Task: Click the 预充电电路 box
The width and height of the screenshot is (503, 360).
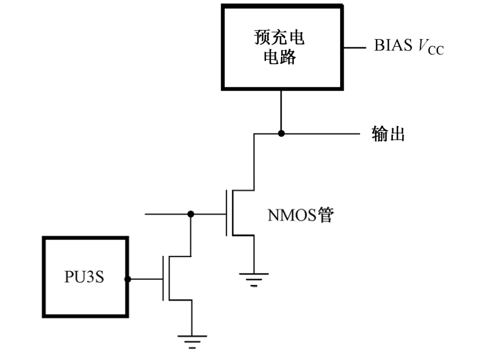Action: click(x=280, y=47)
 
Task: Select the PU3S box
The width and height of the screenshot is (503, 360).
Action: click(x=85, y=277)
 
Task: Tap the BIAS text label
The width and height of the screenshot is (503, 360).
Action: click(x=393, y=46)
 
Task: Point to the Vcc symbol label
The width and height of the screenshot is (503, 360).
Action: click(x=430, y=47)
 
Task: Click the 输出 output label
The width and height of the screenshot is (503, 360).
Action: click(x=388, y=134)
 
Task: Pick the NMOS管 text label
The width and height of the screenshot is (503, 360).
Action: click(x=300, y=215)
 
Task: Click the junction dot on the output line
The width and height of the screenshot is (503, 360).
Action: click(x=281, y=133)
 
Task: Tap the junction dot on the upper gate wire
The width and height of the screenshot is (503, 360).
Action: click(x=190, y=214)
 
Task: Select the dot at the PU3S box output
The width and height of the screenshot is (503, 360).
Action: click(x=128, y=279)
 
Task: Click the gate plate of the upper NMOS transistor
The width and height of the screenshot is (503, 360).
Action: click(x=227, y=214)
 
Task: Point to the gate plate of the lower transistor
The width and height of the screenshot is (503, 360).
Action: click(x=163, y=279)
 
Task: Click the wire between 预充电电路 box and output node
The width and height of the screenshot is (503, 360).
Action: click(x=281, y=111)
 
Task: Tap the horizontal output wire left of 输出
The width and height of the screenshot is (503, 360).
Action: click(x=322, y=133)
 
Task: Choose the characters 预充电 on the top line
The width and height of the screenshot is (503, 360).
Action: click(x=280, y=38)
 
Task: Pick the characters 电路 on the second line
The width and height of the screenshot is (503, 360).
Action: click(x=280, y=58)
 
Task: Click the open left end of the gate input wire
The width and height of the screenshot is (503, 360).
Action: click(x=146, y=214)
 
